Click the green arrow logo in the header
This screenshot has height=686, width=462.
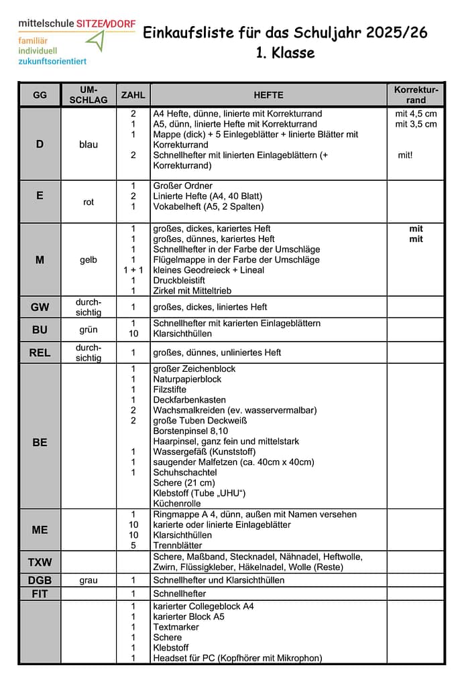click(97, 42)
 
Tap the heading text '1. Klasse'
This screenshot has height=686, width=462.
click(285, 52)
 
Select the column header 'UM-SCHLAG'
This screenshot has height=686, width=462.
click(88, 94)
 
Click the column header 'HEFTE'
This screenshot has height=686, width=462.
click(268, 95)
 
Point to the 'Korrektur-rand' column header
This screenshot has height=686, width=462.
click(416, 94)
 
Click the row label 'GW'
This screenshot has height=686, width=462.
click(40, 307)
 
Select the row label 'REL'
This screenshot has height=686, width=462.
click(40, 352)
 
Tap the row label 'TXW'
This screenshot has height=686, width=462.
click(40, 561)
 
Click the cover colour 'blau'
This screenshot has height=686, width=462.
click(88, 144)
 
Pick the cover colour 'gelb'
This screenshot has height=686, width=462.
click(88, 260)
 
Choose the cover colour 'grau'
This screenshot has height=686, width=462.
click(88, 580)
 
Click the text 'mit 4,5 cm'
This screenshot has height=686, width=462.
click(416, 114)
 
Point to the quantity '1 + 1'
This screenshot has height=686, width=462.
click(133, 270)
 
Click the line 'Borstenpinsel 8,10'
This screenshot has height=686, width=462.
click(190, 431)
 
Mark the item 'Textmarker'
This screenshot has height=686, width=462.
click(176, 627)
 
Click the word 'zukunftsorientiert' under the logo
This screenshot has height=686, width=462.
click(52, 61)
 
